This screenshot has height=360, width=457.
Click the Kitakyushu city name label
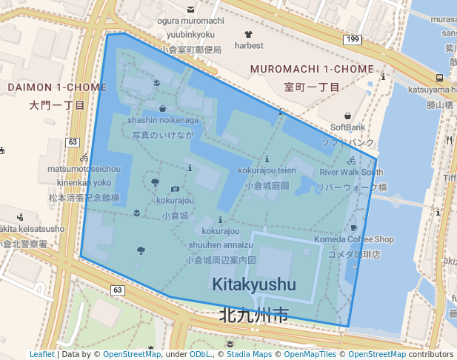tap(253, 284)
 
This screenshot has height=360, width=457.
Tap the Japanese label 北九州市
tap(253, 316)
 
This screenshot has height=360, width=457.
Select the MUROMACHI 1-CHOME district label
tap(312, 69)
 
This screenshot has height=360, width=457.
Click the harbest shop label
tap(249, 45)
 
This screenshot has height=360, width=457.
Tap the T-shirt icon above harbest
tap(248, 33)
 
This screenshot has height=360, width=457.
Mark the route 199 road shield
tap(351, 39)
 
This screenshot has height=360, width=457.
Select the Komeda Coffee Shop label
tap(354, 239)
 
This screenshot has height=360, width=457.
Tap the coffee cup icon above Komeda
tap(353, 227)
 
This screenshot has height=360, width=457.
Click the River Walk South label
tap(351, 172)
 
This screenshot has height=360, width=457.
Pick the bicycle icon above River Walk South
tap(351, 160)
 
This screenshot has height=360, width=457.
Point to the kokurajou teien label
tap(267, 170)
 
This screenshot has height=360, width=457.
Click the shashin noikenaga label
tap(162, 120)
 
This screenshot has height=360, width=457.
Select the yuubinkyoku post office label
tap(190, 34)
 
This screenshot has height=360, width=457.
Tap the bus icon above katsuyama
tap(440, 78)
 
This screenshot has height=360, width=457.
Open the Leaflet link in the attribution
tap(41, 354)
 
